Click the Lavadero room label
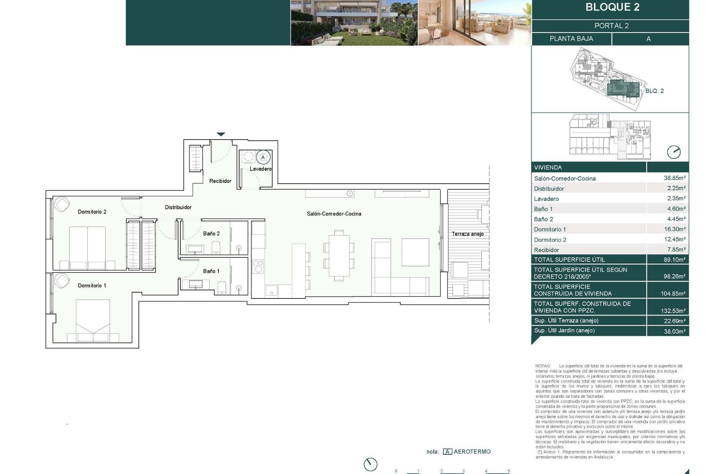click(x=260, y=169)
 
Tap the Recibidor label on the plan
click(x=220, y=181)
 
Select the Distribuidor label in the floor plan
click(x=178, y=207)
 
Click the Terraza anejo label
click(x=467, y=234)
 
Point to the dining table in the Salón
click(x=339, y=256)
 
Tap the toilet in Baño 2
click(x=216, y=248)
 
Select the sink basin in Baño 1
click(x=196, y=284)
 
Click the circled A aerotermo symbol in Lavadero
click(x=263, y=157)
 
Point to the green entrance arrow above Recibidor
click(x=221, y=134)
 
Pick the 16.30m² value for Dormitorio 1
click(x=675, y=229)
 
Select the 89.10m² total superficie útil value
click(x=674, y=260)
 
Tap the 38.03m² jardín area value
click(x=674, y=331)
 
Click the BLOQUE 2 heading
click(x=612, y=7)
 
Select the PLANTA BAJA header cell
click(x=571, y=39)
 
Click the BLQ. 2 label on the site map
click(x=654, y=91)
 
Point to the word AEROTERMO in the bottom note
click(x=472, y=452)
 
